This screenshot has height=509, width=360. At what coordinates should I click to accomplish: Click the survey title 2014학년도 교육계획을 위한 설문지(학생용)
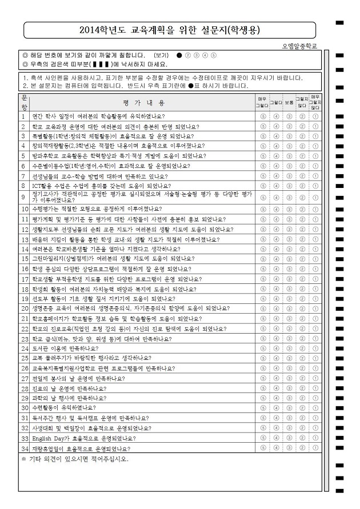171,29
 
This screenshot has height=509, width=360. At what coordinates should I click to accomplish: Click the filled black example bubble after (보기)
179,55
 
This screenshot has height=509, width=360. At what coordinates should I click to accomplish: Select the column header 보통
289,102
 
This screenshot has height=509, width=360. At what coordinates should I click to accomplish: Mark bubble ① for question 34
315,448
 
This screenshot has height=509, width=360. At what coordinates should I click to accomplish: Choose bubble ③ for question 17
289,279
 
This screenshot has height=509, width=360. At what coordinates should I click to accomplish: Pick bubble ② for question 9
302,198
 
